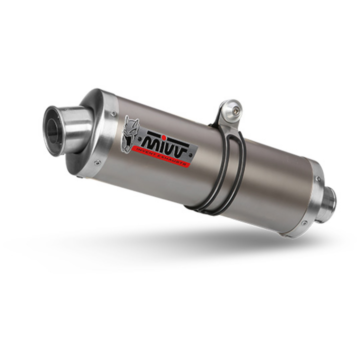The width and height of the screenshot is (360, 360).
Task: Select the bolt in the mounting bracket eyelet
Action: [234, 110]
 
